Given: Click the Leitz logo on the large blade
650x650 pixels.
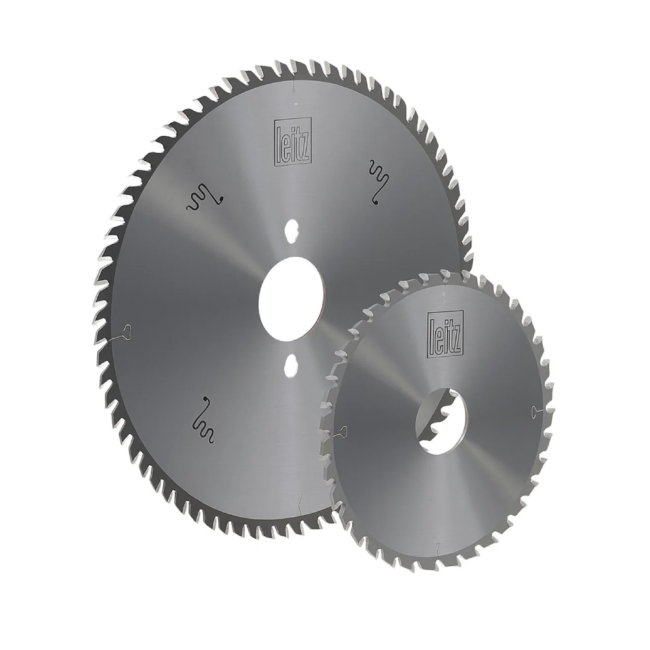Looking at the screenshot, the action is [292, 142].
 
